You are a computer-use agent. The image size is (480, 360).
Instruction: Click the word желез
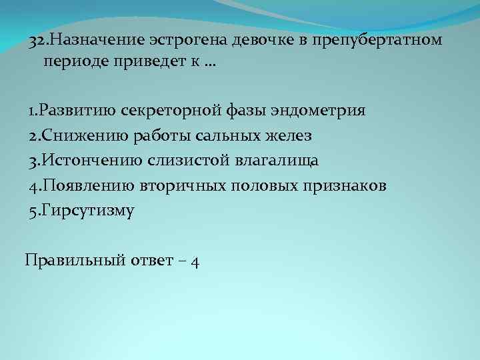[289, 135]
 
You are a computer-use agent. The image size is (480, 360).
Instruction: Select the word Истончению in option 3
[82, 161]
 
